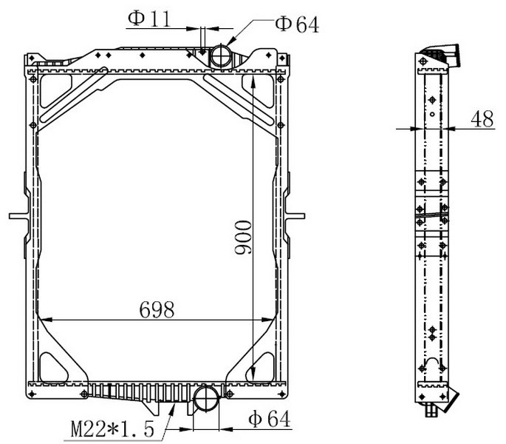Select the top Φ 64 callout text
click(297, 24)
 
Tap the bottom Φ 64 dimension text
click(269, 419)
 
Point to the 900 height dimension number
click(243, 238)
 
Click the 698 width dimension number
click(157, 309)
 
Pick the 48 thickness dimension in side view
click(482, 119)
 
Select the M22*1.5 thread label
click(112, 428)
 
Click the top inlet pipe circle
click(220, 55)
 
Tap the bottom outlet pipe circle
click(206, 398)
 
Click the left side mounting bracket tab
click(19, 215)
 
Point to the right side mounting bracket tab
click(294, 215)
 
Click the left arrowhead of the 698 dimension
click(45, 320)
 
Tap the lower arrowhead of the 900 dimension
click(253, 374)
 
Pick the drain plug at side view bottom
click(431, 410)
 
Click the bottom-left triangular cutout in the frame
click(53, 368)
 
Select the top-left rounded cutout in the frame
click(55, 91)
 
